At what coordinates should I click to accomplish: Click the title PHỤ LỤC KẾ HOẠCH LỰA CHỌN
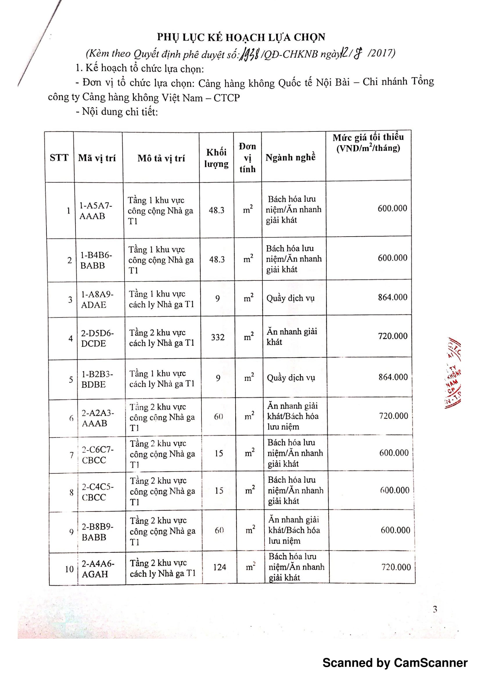241,37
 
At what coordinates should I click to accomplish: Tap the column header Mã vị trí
97,158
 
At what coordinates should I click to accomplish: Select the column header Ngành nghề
290,157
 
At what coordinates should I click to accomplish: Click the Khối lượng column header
216,158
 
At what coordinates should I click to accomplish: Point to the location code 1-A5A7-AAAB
96,210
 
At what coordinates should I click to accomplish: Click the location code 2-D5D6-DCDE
97,338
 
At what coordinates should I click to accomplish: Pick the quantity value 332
218,337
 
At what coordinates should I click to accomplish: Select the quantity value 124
220,567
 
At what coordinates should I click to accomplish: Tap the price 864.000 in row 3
393,297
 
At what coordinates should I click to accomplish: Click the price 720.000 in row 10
396,567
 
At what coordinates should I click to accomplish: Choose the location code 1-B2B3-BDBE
97,379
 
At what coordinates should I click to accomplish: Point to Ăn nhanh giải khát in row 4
291,336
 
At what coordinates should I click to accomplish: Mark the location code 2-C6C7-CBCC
98,455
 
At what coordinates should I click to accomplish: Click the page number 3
435,609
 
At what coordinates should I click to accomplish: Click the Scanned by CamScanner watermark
395,663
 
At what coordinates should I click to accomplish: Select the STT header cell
59,157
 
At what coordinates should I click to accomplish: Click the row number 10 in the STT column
69,569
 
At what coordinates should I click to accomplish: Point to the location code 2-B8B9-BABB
98,532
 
